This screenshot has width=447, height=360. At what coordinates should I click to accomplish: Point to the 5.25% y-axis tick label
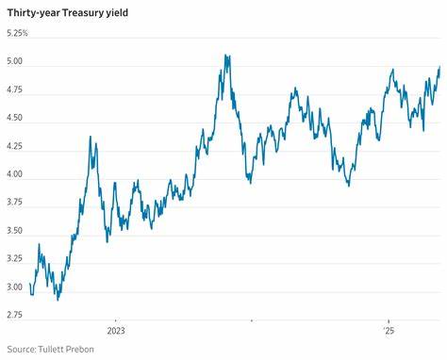[x=17, y=34]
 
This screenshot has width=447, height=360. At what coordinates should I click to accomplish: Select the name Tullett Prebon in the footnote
[x=69, y=350]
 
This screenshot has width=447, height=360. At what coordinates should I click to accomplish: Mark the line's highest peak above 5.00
[x=226, y=56]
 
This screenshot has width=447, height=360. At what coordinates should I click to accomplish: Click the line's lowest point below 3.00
[x=58, y=299]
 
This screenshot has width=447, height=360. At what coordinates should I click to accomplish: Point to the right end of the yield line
[x=439, y=66]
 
